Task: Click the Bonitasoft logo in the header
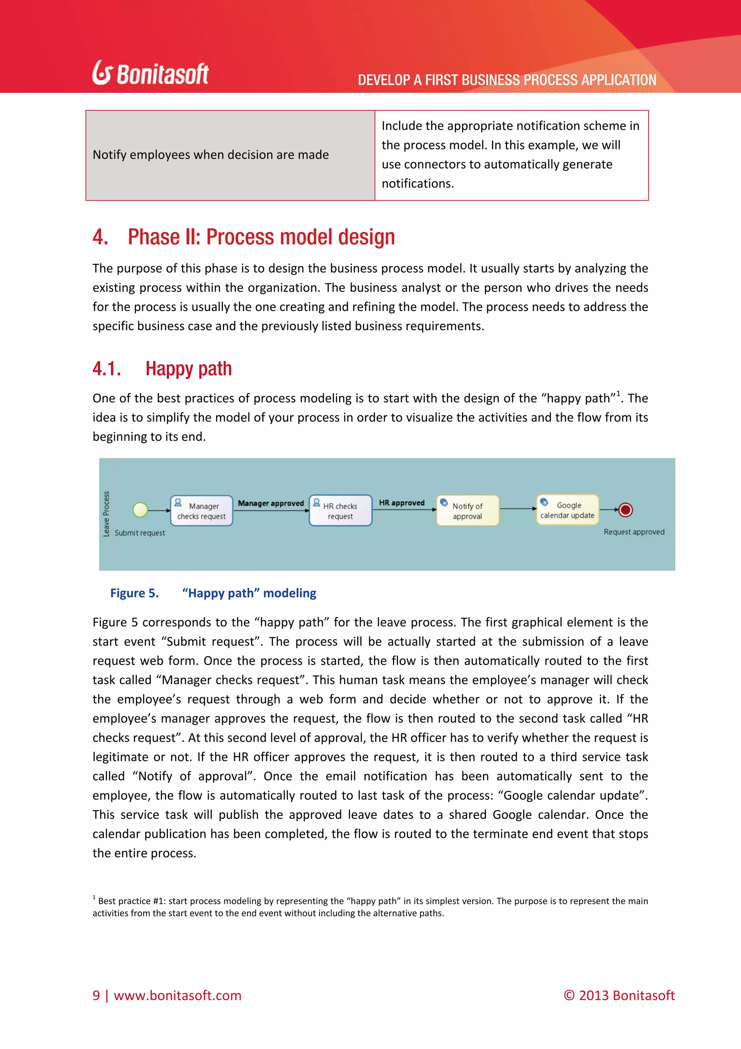pos(151,73)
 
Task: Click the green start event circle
pos(140,509)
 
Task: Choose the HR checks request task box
pos(340,511)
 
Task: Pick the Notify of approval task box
pos(467,511)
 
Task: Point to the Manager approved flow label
pos(271,503)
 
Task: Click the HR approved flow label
pos(402,502)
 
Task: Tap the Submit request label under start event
pos(140,533)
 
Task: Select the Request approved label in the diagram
pos(634,532)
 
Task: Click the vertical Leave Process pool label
pos(106,514)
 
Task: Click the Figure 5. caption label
pos(134,593)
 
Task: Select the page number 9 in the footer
pos(96,995)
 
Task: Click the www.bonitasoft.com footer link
pos(177,995)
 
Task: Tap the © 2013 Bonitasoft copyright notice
pos(619,995)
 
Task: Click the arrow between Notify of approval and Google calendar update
pos(518,509)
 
